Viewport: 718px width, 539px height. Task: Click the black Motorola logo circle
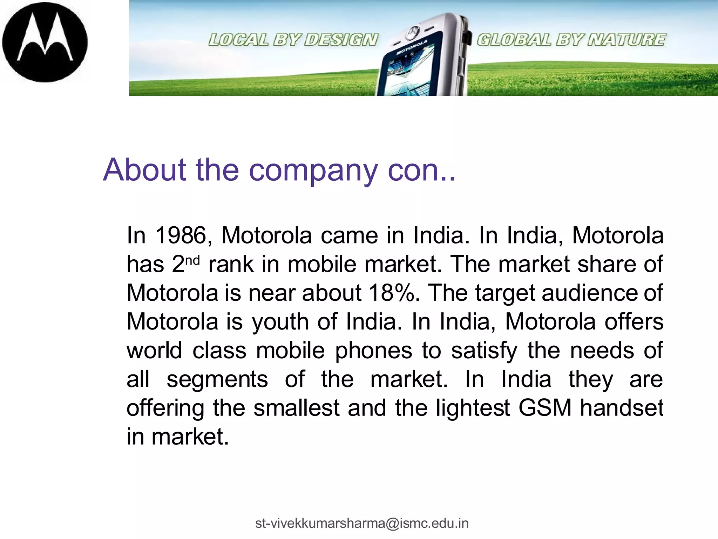45,42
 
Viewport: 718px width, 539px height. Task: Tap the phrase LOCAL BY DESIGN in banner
293,40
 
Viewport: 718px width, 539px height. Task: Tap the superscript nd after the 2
192,260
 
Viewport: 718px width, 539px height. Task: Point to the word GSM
545,408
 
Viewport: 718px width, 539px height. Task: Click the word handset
621,408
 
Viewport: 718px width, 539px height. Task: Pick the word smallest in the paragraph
297,408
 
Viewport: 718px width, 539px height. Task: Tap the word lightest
473,408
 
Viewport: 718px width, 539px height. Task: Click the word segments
217,380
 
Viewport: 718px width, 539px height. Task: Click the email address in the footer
362,523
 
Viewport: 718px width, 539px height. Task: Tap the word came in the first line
350,235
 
